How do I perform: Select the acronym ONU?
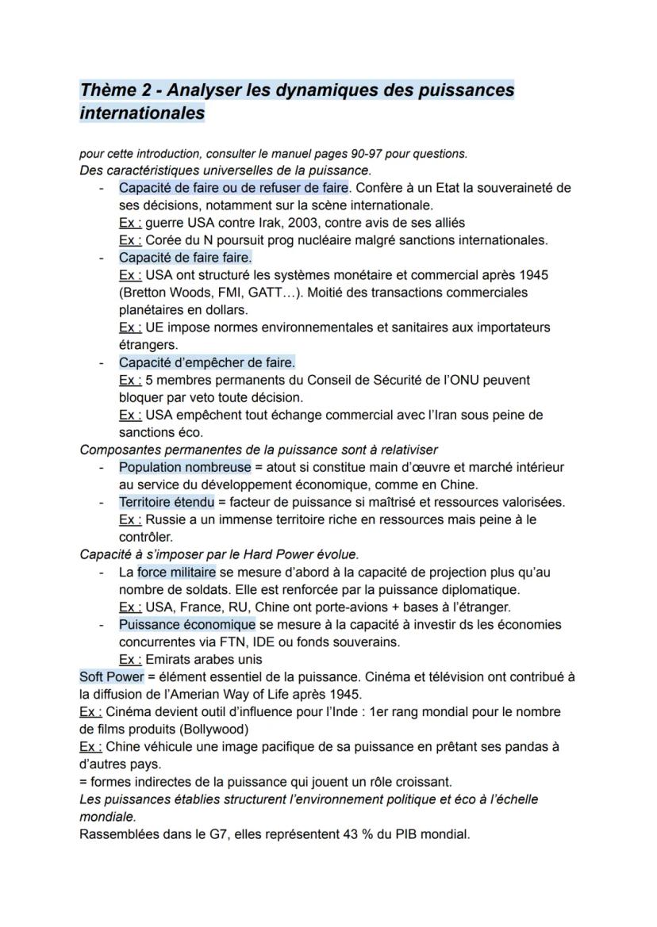click(475, 380)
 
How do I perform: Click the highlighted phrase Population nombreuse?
click(185, 467)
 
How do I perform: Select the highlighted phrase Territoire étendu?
click(169, 502)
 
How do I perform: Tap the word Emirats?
click(169, 659)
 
